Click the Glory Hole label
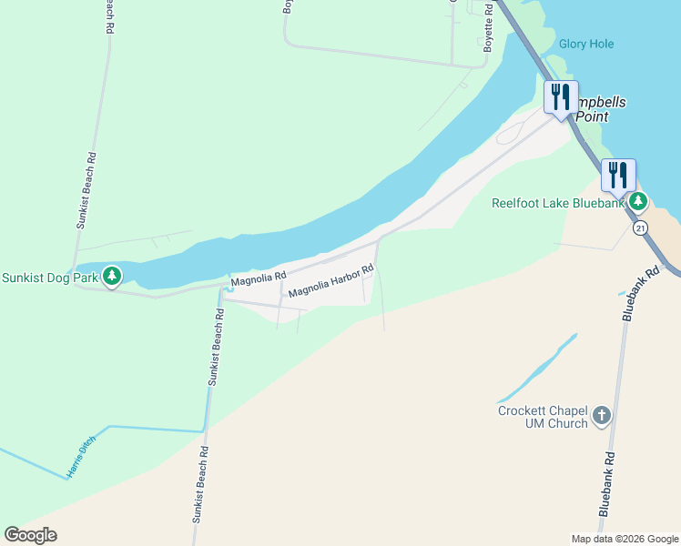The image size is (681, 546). pyautogui.click(x=585, y=44)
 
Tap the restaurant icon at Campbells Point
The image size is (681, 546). pyautogui.click(x=561, y=96)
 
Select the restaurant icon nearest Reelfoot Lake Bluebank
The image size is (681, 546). pyautogui.click(x=617, y=175)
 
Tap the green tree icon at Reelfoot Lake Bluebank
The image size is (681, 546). pyautogui.click(x=639, y=201)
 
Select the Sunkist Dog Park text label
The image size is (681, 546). pyautogui.click(x=48, y=278)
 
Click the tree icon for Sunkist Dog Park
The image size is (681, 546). pyautogui.click(x=111, y=276)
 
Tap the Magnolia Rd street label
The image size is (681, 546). pyautogui.click(x=259, y=278)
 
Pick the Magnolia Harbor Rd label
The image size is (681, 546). pyautogui.click(x=331, y=281)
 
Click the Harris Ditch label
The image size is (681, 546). pyautogui.click(x=80, y=461)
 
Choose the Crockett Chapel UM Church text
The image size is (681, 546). pyautogui.click(x=543, y=417)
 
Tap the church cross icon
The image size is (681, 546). pyautogui.click(x=601, y=417)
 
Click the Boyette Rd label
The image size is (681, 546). pyautogui.click(x=488, y=27)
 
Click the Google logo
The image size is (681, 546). pyautogui.click(x=31, y=535)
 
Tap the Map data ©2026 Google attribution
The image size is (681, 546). pyautogui.click(x=625, y=539)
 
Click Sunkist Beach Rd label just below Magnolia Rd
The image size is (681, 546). pyautogui.click(x=216, y=347)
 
